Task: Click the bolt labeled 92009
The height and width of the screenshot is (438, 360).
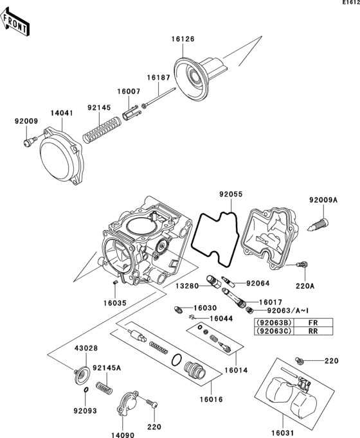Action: (28, 143)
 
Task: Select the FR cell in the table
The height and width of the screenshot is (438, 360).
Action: (312, 322)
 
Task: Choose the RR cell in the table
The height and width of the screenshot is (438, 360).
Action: (312, 331)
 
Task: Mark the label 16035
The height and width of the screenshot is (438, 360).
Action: (116, 299)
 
